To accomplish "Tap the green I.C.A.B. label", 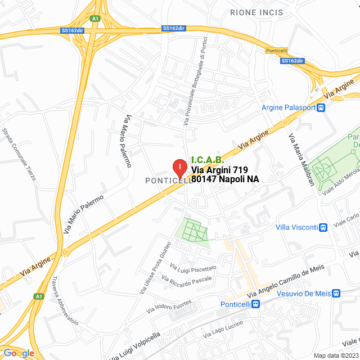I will tap(208, 160).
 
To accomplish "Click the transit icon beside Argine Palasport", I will tap(321, 108).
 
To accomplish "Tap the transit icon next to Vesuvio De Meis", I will tap(336, 293).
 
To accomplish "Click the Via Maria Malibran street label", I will tap(301, 159).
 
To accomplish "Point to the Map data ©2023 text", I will tap(335, 355).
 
